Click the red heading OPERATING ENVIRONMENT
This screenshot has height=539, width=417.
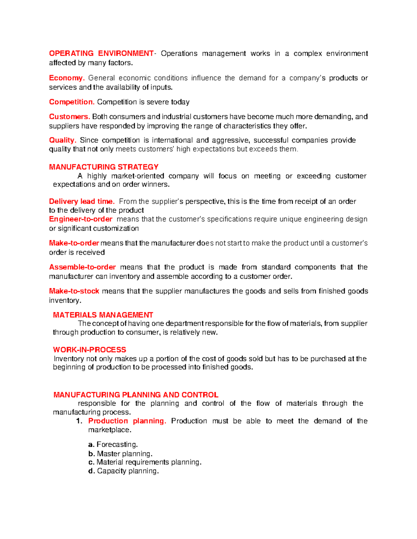[x=101, y=53]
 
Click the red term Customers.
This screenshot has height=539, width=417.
[x=69, y=117]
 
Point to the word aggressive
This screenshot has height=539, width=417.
[x=230, y=140]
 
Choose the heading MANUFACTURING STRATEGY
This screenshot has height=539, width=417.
[x=104, y=167]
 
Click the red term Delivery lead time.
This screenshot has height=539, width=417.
[x=82, y=202]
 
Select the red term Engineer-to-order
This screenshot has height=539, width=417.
[x=81, y=219]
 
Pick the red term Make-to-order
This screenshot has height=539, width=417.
[x=74, y=243]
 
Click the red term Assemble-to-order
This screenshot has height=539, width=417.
[x=82, y=267]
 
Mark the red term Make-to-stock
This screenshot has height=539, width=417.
[x=74, y=291]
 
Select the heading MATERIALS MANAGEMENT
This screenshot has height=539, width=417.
[x=103, y=315]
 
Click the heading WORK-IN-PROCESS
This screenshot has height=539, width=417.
[x=89, y=350]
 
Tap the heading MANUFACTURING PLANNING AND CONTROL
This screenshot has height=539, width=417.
[x=136, y=395]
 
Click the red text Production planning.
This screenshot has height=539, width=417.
[x=127, y=421]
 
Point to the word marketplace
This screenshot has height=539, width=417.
[x=109, y=430]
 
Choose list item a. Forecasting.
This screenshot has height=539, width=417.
[x=113, y=445]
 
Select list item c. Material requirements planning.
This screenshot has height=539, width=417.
[x=145, y=462]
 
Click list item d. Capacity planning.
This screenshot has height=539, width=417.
[x=124, y=471]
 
